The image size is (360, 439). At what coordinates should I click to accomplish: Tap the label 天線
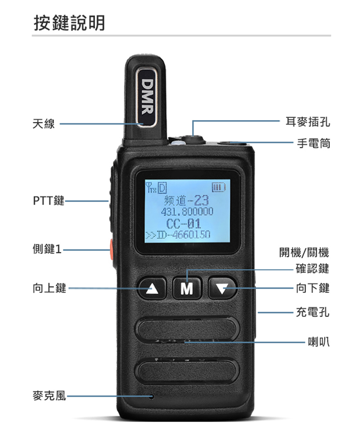pos(44,123)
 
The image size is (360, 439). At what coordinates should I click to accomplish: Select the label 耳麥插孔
pos(308,121)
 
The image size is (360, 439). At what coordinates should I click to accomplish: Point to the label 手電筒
pos(314,143)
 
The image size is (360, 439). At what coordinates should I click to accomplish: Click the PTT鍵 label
pos(49,201)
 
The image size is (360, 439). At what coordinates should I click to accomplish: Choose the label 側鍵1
pos(47,249)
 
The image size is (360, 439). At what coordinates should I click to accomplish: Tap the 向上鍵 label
pos(49,288)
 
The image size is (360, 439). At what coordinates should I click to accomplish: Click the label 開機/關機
pos(304,252)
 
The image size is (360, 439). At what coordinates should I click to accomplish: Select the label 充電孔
pos(313,312)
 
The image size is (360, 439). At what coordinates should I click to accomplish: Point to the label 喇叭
pos(319,341)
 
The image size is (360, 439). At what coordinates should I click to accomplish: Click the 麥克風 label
pos(49,396)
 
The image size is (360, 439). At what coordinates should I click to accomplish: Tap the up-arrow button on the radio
pos(152,288)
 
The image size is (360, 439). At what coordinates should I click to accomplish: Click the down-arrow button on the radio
pos(222,288)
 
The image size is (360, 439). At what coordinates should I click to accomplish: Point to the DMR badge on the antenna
pos(146,97)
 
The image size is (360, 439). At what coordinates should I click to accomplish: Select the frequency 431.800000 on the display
pos(187,211)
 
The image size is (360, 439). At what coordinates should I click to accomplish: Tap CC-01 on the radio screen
pos(184,224)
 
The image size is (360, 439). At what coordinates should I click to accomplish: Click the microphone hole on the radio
pos(152,396)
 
